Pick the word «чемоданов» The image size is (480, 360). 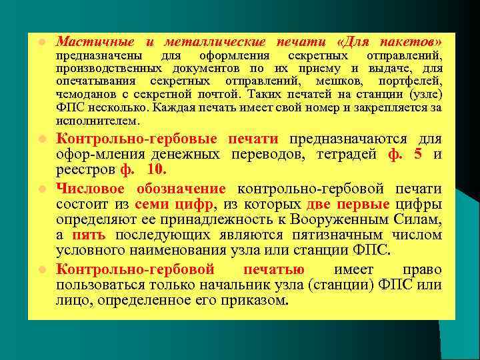tap(85, 95)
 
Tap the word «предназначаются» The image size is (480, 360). tap(350, 139)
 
